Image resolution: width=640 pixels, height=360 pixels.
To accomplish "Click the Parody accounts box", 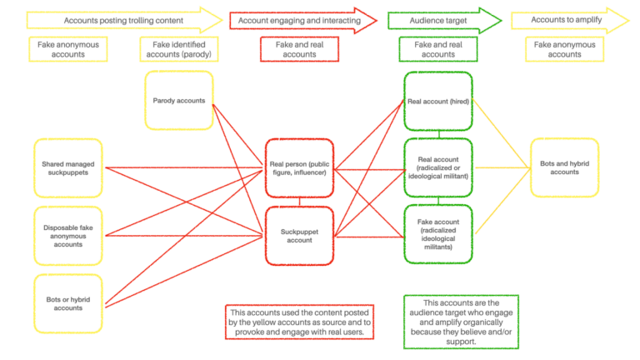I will [178, 100].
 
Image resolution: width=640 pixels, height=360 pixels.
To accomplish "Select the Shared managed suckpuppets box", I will [68, 168].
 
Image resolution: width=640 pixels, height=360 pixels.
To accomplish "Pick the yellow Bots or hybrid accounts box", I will [68, 303].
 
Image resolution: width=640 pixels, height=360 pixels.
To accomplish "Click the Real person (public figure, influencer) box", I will [299, 168].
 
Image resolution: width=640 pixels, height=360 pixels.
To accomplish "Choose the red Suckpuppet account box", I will [299, 236].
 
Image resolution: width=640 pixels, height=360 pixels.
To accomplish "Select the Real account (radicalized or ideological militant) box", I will [438, 168].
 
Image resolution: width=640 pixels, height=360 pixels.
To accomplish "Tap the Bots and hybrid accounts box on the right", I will [564, 167].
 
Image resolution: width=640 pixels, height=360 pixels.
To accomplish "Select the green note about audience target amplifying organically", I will [461, 322].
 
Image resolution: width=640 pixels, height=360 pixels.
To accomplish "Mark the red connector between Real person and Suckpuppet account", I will [299, 202].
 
